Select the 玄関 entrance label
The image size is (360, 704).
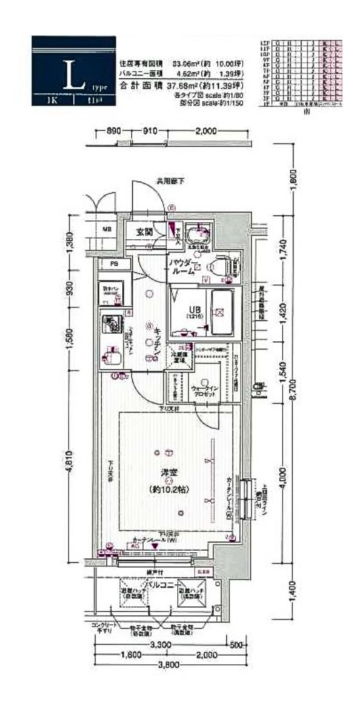144,231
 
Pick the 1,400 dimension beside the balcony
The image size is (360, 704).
292,588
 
